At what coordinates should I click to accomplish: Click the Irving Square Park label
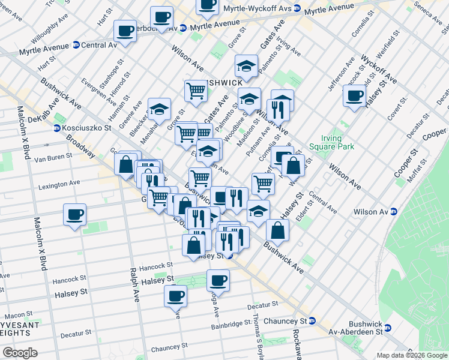point(332,142)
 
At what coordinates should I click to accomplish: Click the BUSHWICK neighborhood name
point(222,82)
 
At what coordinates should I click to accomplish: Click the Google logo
point(20,352)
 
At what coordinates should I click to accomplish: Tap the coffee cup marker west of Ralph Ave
point(74,215)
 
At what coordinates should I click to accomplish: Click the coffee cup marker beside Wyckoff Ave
point(354,95)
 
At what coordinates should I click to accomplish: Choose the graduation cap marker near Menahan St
point(159,109)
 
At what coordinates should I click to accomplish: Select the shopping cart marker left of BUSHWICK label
point(196,91)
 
